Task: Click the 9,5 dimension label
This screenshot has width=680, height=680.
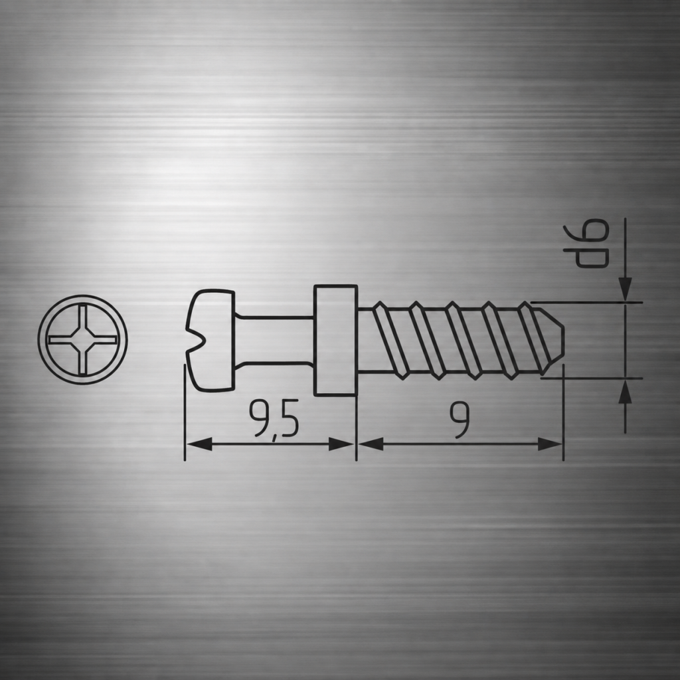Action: [x=274, y=419]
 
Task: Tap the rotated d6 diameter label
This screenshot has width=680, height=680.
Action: [x=586, y=243]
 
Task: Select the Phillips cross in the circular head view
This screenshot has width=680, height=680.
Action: [x=82, y=339]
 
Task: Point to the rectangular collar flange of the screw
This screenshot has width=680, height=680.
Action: [x=335, y=341]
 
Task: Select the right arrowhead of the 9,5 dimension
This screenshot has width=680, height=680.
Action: [x=341, y=444]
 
